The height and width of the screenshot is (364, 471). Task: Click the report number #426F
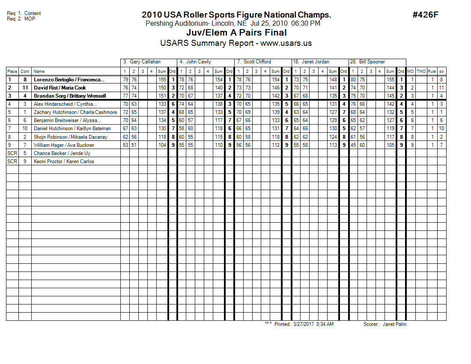(425, 15)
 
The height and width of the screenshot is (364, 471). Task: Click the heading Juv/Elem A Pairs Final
(236, 33)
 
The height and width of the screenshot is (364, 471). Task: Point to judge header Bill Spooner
(371, 62)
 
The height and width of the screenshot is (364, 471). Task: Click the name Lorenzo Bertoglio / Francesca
(70, 80)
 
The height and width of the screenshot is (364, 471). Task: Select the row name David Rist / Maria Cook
(60, 88)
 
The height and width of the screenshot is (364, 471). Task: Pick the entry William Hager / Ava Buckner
(64, 145)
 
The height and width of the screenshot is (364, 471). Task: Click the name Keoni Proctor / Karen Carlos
(64, 161)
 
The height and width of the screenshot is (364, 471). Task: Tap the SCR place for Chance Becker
(12, 153)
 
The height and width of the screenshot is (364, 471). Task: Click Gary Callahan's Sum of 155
(162, 80)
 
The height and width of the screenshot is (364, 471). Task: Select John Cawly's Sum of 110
(219, 145)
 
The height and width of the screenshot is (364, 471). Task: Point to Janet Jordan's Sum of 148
(333, 80)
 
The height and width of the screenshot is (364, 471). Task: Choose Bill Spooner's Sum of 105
(390, 145)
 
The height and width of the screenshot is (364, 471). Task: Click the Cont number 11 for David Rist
(25, 88)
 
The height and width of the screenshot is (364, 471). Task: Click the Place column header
(12, 72)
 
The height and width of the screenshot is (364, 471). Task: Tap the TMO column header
(421, 72)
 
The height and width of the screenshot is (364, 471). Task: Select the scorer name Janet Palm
(394, 324)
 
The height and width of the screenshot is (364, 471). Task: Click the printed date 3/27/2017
(304, 324)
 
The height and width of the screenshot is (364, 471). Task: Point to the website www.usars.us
(286, 43)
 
